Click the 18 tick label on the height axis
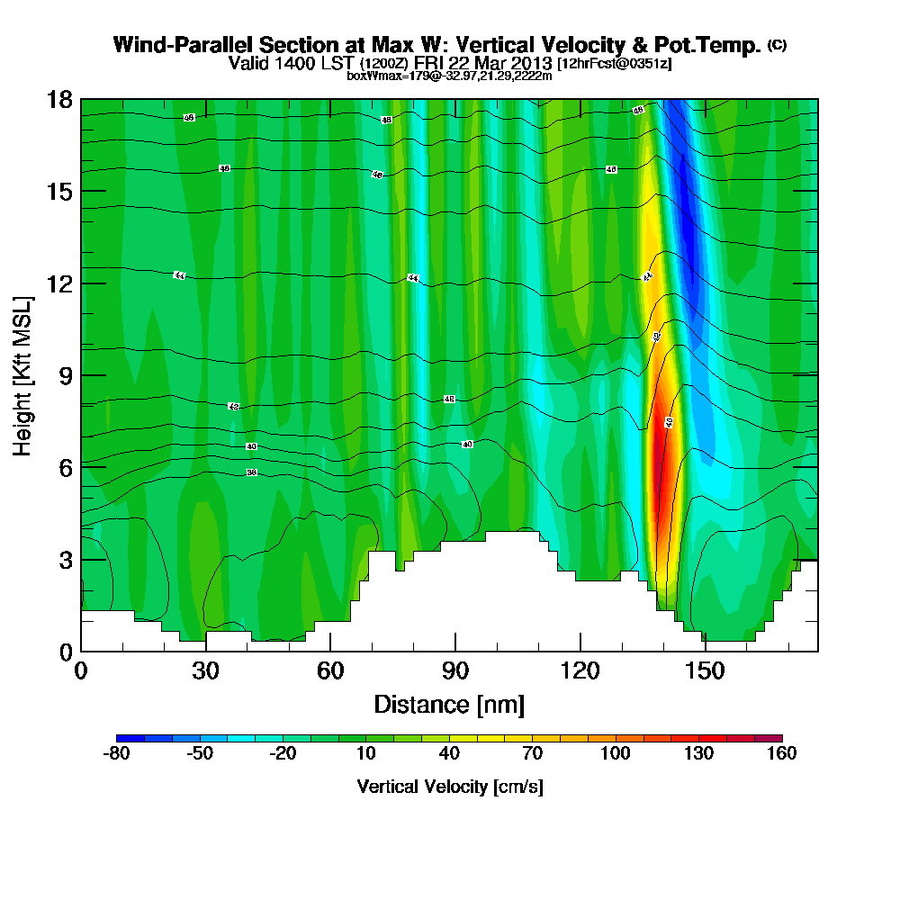(60, 99)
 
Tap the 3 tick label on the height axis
(66, 560)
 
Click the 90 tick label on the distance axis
(455, 670)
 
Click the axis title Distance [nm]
(449, 704)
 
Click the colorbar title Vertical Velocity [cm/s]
(449, 787)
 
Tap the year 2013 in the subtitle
(531, 64)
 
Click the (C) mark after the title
(777, 44)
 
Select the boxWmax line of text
(449, 76)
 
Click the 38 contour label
(251, 472)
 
